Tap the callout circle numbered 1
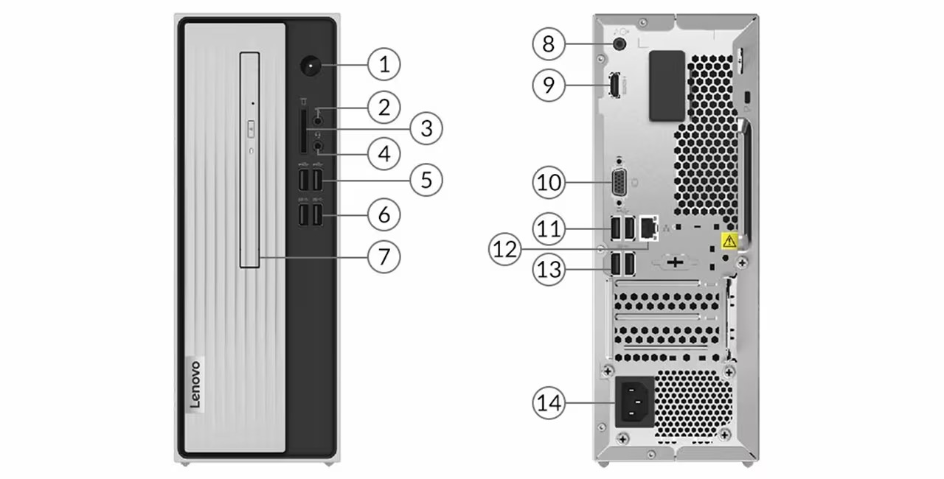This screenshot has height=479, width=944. click(x=383, y=65)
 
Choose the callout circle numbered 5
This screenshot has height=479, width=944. click(x=426, y=179)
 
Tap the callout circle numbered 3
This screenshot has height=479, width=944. click(x=426, y=129)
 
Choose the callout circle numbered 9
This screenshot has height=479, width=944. click(x=549, y=85)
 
